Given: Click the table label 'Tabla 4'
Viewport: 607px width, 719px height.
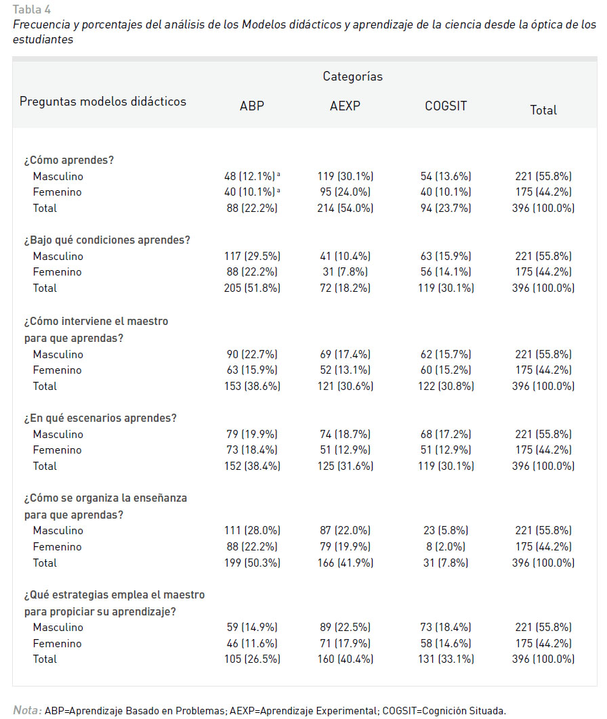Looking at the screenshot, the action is click(32, 9).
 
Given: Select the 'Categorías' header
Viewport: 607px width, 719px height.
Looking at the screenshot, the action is click(352, 76).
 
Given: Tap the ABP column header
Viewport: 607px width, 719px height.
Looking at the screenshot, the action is click(252, 106).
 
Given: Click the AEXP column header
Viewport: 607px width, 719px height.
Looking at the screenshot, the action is click(345, 106).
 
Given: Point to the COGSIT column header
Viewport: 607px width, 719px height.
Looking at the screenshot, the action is click(446, 106).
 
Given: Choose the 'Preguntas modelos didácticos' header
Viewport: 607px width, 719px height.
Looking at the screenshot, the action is click(103, 102).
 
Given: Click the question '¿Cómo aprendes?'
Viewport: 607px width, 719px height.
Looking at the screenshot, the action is click(69, 160).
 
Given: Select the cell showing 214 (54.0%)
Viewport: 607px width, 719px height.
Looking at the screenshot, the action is click(345, 208).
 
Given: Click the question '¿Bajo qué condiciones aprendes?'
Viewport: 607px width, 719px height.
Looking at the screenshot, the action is click(107, 240).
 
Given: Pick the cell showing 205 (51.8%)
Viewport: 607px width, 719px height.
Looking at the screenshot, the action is click(252, 288).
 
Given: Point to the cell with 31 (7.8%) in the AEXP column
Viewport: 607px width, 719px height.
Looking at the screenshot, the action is click(345, 272).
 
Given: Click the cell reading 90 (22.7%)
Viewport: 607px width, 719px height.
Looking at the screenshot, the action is click(252, 355).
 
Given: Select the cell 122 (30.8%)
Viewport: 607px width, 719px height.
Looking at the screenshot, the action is click(446, 386).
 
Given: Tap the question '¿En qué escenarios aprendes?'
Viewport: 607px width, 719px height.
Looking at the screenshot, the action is click(100, 418).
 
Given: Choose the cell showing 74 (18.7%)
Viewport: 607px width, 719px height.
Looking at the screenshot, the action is click(345, 434).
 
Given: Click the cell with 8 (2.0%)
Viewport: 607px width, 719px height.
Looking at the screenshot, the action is click(446, 546).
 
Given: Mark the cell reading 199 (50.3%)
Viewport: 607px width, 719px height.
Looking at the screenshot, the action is click(252, 563).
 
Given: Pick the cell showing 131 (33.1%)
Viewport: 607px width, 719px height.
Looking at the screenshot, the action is click(446, 659).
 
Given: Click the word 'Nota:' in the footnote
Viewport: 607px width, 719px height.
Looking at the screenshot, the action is click(27, 710).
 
